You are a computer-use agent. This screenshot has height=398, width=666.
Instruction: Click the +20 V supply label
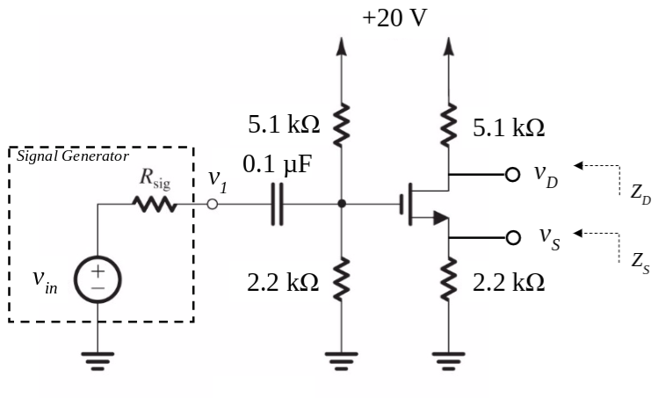click(x=395, y=18)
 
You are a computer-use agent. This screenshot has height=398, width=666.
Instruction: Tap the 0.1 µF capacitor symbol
click(x=278, y=205)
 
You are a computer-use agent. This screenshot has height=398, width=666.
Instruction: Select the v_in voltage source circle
click(x=98, y=280)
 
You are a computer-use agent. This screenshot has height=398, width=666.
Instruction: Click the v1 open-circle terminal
click(x=211, y=205)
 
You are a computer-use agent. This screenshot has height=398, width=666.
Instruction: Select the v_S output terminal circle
click(x=510, y=236)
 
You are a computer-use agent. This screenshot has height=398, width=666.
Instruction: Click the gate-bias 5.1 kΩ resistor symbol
click(x=342, y=124)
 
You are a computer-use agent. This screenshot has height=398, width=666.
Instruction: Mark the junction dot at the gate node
click(x=342, y=205)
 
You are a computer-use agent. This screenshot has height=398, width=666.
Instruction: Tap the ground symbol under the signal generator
click(x=98, y=358)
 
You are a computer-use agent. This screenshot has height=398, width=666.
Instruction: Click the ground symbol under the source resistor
click(x=449, y=358)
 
